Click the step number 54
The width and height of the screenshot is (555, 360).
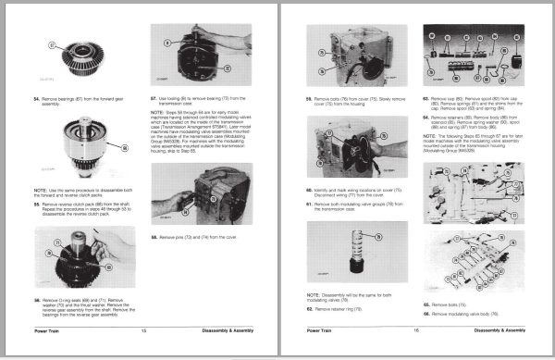37,97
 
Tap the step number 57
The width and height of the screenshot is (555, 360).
154,96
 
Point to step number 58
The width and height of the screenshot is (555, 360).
154,237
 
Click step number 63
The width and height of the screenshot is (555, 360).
425,96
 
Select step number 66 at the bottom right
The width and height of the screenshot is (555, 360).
425,315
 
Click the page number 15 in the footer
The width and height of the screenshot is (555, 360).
143,329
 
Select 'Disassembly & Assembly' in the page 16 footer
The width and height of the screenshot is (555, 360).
499,329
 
